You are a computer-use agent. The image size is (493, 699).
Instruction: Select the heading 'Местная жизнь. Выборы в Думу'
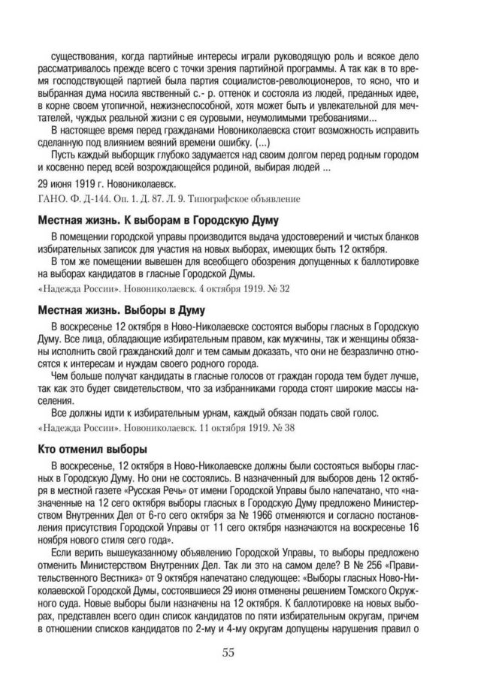click(121, 309)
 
